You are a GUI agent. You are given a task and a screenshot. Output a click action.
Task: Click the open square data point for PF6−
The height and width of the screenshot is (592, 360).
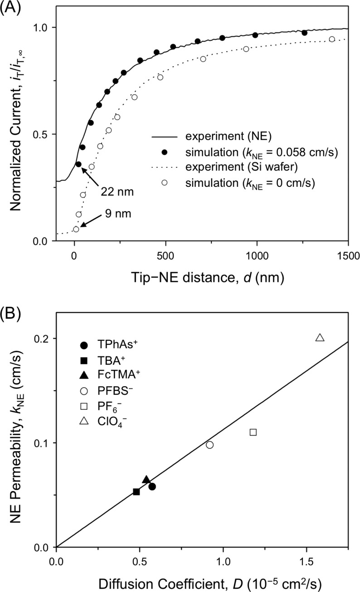(253, 432)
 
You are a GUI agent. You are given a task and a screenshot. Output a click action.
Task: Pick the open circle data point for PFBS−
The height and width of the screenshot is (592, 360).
(209, 445)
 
